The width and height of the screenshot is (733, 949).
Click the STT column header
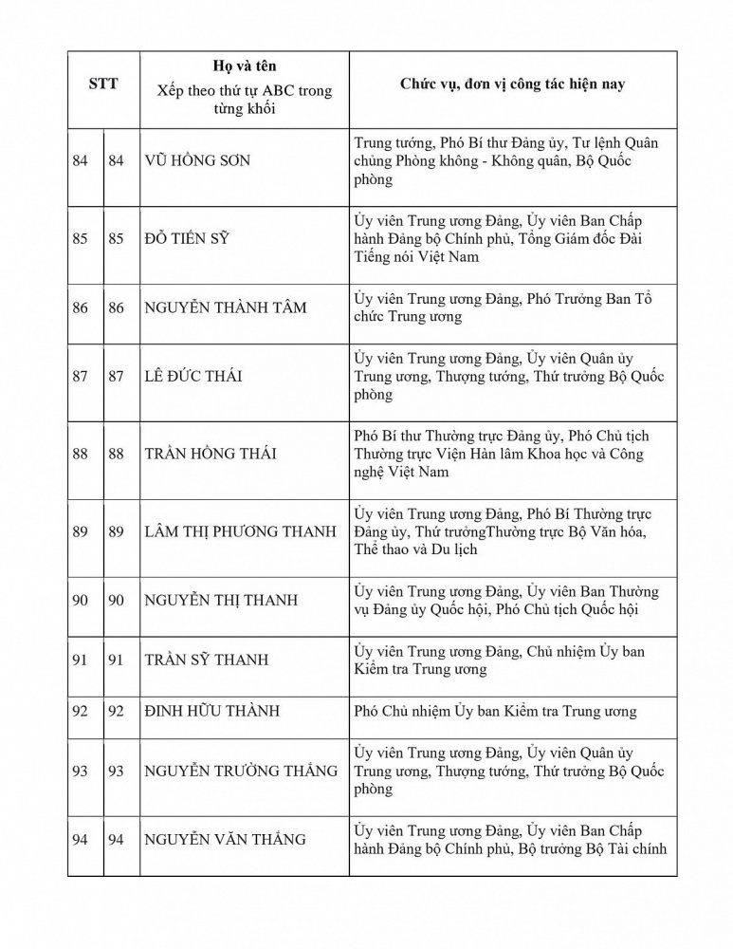(103, 84)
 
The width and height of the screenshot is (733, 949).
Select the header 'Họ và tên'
(245, 66)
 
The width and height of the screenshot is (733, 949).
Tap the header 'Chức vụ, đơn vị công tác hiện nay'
(512, 84)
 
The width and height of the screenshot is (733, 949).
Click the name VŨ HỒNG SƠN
(197, 161)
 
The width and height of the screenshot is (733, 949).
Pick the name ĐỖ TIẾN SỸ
(188, 239)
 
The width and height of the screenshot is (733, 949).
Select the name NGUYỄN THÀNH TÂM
(226, 308)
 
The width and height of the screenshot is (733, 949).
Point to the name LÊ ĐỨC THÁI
(192, 377)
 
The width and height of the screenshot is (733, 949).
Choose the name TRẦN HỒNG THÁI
(211, 455)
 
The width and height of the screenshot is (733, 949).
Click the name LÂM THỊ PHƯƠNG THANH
(240, 532)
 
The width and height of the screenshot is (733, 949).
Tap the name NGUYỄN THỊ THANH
(221, 601)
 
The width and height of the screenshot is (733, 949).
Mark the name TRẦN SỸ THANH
(206, 661)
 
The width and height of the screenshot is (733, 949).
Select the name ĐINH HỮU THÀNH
(211, 712)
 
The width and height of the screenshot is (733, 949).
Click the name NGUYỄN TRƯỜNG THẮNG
(241, 772)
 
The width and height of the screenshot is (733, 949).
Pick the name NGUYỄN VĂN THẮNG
(225, 840)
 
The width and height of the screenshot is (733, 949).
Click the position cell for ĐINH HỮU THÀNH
(494, 712)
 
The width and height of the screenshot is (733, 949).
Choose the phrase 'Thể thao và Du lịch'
(415, 550)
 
